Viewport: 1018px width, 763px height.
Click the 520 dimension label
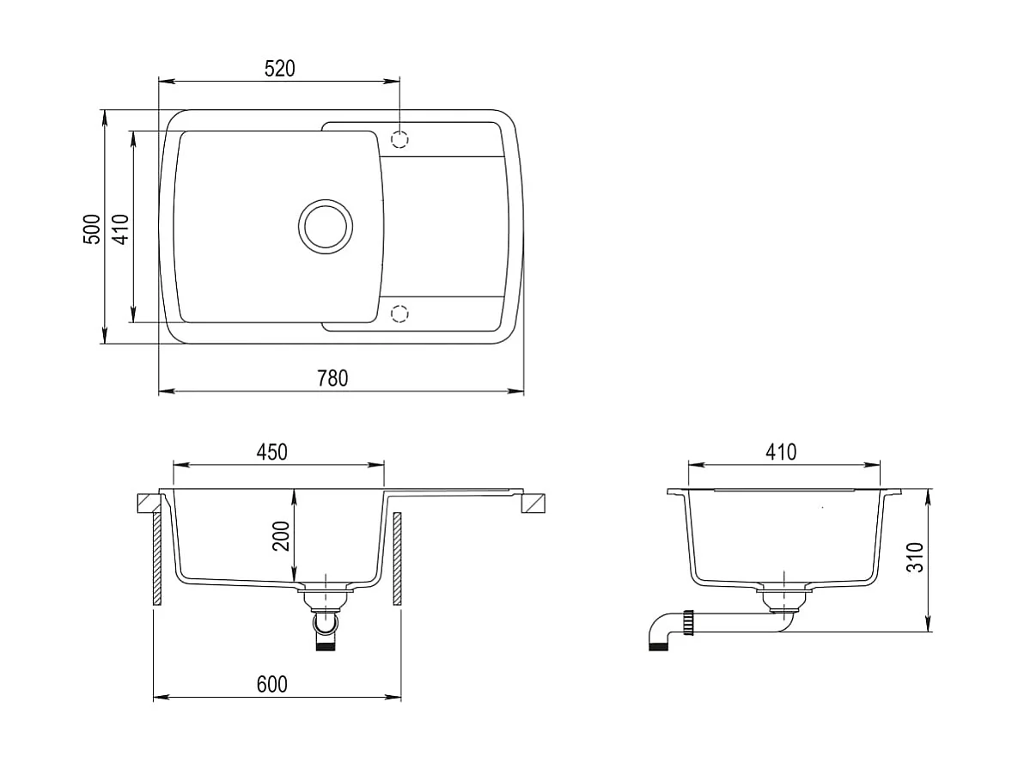point(279,69)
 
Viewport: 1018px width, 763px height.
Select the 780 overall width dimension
point(332,378)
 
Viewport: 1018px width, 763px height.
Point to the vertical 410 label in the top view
point(120,229)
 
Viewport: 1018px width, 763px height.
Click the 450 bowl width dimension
point(271,452)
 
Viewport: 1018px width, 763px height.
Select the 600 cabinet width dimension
point(271,684)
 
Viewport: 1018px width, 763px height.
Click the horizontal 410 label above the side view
point(781,452)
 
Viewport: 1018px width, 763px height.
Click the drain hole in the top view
point(325,226)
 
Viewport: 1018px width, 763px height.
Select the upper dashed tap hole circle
point(399,138)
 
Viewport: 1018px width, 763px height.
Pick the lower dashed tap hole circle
point(399,314)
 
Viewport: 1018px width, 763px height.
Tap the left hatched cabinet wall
point(158,559)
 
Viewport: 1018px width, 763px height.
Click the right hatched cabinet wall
point(398,559)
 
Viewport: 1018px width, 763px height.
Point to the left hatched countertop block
point(147,503)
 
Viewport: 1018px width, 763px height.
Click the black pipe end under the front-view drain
point(326,645)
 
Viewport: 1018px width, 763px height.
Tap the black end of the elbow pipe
point(656,646)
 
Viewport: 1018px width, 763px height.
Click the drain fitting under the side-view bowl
point(783,598)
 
